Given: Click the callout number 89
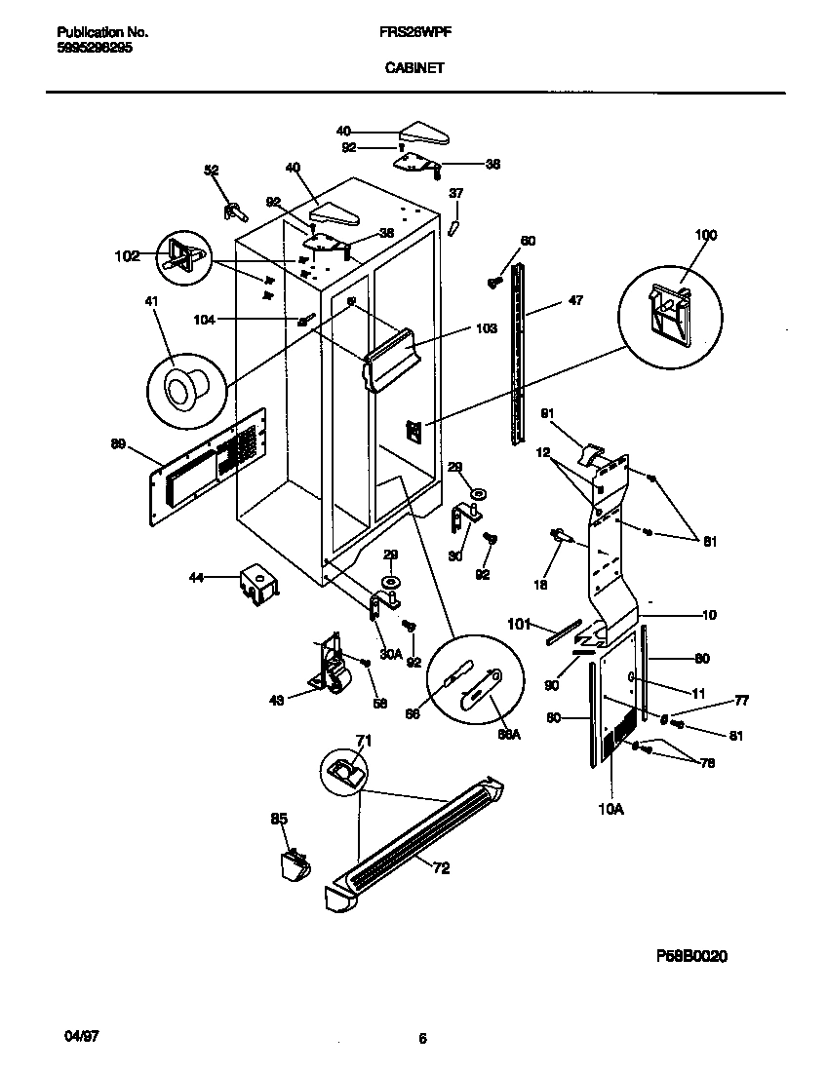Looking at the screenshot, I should tap(119, 444).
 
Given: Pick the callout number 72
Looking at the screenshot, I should tap(441, 868).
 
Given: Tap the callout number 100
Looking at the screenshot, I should tap(705, 235).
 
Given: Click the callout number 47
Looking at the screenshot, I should tap(575, 302).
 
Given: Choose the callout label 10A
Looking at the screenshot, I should tap(610, 808).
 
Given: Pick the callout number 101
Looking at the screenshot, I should tap(518, 624).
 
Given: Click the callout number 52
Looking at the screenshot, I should tap(212, 170).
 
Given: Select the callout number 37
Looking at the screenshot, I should tap(455, 194).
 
